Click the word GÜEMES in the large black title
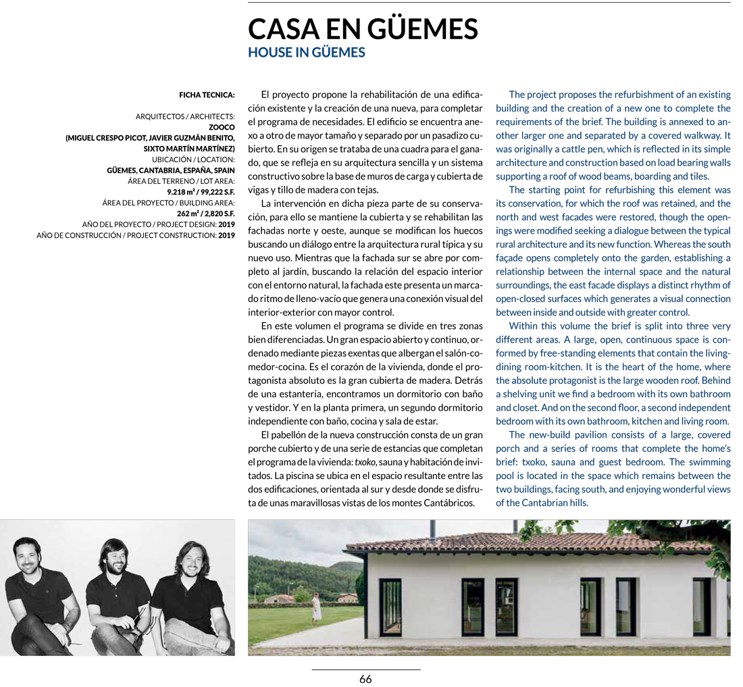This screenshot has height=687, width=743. [x=422, y=29]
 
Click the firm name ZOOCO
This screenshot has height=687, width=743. [x=222, y=127]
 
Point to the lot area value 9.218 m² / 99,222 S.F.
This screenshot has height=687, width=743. [x=201, y=192]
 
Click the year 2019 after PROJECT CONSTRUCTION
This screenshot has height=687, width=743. [x=226, y=235]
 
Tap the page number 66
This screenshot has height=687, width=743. [x=365, y=680]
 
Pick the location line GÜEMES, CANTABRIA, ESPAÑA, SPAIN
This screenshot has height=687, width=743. [x=171, y=170]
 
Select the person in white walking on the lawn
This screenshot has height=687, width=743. [x=317, y=605]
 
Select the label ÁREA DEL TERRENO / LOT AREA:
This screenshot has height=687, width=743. [x=181, y=181]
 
